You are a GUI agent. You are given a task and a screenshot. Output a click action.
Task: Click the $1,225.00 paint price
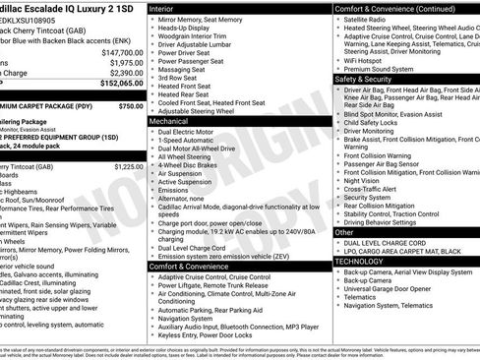pos(128,167)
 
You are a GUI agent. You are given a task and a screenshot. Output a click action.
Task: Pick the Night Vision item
pos(364,181)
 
